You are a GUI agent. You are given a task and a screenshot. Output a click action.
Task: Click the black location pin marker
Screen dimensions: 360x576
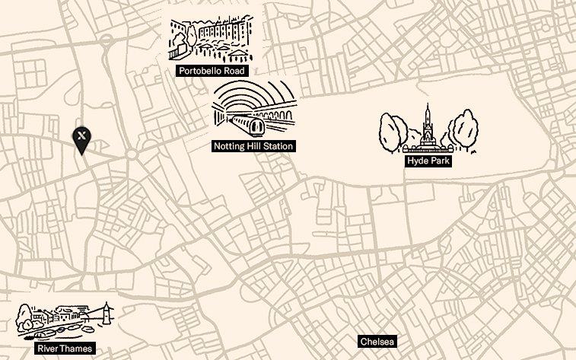point(82,139)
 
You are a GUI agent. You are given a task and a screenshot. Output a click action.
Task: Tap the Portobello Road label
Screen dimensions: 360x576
point(212,71)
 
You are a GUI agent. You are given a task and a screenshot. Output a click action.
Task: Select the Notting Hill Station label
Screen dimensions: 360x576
point(253,145)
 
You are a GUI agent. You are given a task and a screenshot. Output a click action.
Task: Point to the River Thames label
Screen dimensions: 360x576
point(65,349)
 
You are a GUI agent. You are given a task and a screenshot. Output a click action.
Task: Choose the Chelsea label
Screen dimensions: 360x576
point(378,342)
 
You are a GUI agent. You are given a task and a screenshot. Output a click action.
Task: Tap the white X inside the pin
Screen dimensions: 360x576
point(82,135)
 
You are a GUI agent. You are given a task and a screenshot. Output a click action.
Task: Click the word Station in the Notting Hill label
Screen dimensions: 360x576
point(275,145)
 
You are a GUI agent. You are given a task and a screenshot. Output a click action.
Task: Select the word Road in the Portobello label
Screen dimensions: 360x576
point(234,71)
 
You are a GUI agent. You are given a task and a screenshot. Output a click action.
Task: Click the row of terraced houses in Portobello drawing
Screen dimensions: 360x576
point(224,30)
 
